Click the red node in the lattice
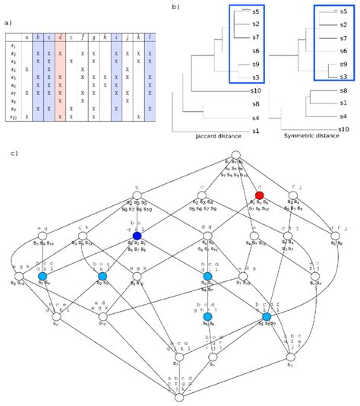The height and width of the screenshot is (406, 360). [260, 195]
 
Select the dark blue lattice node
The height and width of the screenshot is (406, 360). [137, 236]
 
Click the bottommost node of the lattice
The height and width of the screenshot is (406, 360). [178, 397]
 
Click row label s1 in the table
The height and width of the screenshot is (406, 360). [12, 45]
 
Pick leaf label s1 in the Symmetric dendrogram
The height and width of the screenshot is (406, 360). [344, 103]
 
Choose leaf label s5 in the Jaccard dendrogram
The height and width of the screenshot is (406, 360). [256, 12]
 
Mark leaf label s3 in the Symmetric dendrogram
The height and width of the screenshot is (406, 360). [344, 76]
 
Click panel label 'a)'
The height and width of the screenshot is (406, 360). [8, 23]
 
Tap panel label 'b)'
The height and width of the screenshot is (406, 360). [175, 7]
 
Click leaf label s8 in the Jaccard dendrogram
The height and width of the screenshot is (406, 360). [256, 103]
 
